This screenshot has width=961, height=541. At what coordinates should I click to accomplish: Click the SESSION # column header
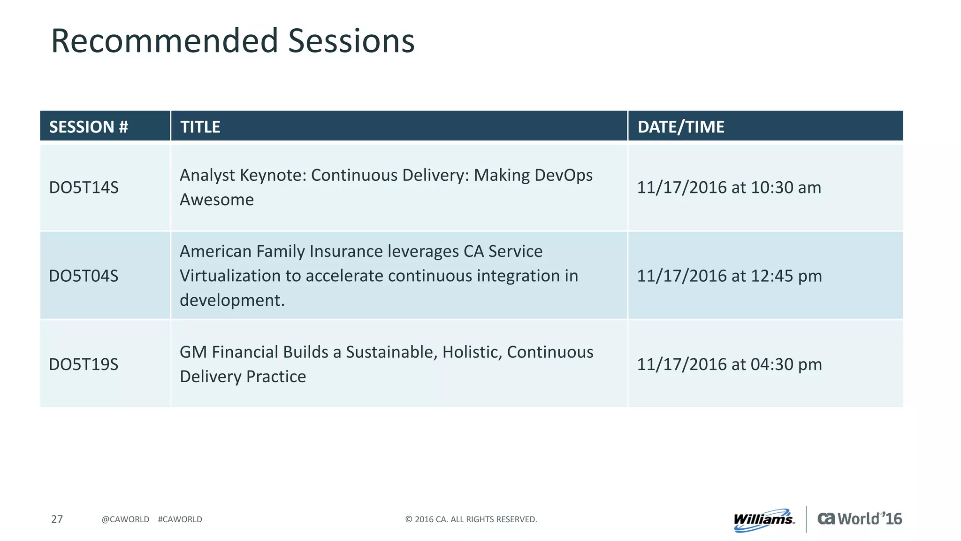pos(89,127)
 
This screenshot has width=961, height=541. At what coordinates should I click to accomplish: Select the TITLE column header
pos(200,127)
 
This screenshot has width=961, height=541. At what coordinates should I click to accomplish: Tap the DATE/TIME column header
pos(681,127)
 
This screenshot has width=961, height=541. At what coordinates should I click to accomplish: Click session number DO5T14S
pos(84,187)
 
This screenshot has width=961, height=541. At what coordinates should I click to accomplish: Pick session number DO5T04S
pos(84,276)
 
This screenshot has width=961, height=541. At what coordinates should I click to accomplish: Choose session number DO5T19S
pos(84,364)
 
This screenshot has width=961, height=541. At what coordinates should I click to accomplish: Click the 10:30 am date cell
pos(729,187)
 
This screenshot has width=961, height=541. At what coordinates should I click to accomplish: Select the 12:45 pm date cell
pos(730,276)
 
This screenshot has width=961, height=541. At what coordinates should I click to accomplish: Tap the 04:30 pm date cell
pos(730,364)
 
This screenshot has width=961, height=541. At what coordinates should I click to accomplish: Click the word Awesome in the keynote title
pos(217,200)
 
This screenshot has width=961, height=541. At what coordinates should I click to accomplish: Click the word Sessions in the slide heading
pos(351,41)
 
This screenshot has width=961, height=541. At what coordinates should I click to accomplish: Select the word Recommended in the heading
pos(165,41)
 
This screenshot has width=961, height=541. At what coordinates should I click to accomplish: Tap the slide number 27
pos(57,519)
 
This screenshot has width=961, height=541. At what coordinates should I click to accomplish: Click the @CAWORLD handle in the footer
pos(125,519)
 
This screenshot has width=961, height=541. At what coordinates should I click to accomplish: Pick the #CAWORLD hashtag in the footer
pos(180,519)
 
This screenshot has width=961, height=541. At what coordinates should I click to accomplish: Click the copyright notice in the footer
pos(471,519)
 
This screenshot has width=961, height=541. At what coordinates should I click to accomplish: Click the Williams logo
pos(764,520)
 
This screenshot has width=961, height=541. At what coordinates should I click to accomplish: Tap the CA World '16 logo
pos(860,518)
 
